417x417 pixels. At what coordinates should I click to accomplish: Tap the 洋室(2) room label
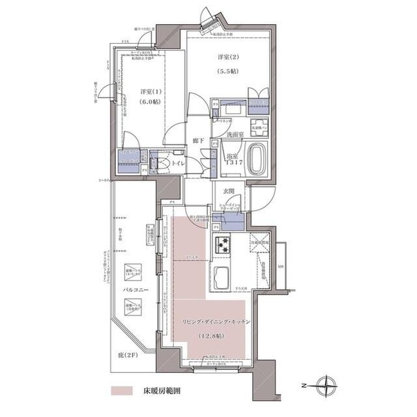tap(226, 57)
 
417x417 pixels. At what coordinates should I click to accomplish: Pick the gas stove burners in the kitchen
tap(223, 244)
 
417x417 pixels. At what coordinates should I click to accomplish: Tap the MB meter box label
tap(281, 265)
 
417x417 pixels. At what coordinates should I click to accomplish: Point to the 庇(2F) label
tap(133, 355)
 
